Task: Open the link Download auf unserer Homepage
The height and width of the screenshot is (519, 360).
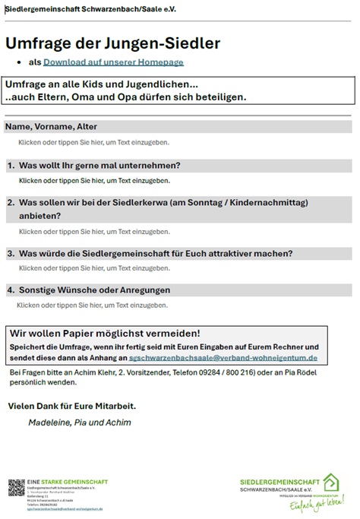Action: tap(113, 62)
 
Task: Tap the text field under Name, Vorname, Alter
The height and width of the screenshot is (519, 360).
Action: tap(94, 142)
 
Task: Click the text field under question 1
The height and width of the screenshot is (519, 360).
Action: tap(94, 180)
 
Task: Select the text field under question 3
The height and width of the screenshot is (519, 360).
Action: tap(94, 268)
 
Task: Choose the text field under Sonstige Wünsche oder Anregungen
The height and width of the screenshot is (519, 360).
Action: tap(92, 305)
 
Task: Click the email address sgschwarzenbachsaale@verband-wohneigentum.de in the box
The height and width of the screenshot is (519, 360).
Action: tap(223, 357)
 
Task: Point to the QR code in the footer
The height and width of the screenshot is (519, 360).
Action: tap(16, 488)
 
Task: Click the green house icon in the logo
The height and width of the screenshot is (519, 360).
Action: tap(330, 483)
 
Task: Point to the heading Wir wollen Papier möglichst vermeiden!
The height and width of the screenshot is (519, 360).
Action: tap(105, 333)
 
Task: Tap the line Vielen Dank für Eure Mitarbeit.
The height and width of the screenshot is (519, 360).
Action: tap(71, 406)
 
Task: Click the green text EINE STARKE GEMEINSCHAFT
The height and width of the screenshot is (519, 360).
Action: tap(68, 482)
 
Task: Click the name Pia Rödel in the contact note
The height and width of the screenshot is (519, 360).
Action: tap(328, 373)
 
